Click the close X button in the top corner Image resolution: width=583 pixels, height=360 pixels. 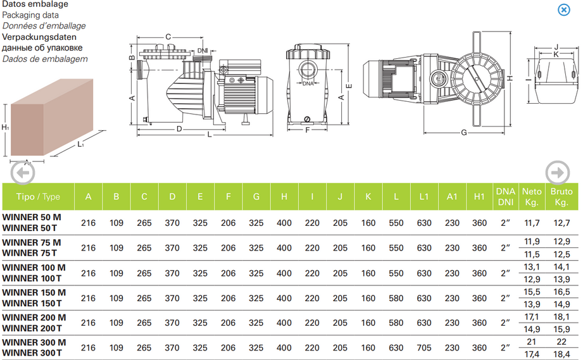click(563, 9)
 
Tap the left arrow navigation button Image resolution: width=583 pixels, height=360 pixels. click(23, 173)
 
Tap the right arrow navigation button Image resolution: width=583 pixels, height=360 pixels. click(558, 172)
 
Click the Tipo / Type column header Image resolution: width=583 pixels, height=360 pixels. click(38, 197)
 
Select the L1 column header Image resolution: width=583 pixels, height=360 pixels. click(424, 197)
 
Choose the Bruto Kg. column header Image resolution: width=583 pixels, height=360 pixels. click(561, 197)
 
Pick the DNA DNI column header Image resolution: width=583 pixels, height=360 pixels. click(505, 197)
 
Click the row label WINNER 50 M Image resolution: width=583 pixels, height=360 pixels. click(32, 217)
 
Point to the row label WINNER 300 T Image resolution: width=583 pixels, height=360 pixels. click(32, 353)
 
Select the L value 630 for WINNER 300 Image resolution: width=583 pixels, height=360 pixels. click(396, 348)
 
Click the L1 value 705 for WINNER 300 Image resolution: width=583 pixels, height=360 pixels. click(424, 348)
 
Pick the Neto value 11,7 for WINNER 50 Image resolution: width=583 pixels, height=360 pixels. click(532, 223)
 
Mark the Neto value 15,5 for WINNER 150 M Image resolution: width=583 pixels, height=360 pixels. click(532, 292)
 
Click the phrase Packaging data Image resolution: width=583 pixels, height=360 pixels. click(34, 15)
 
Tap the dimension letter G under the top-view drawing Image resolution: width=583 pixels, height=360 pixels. click(464, 132)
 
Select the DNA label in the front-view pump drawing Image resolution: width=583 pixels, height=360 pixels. click(308, 84)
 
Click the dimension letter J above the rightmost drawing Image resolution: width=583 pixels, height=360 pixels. click(555, 47)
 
